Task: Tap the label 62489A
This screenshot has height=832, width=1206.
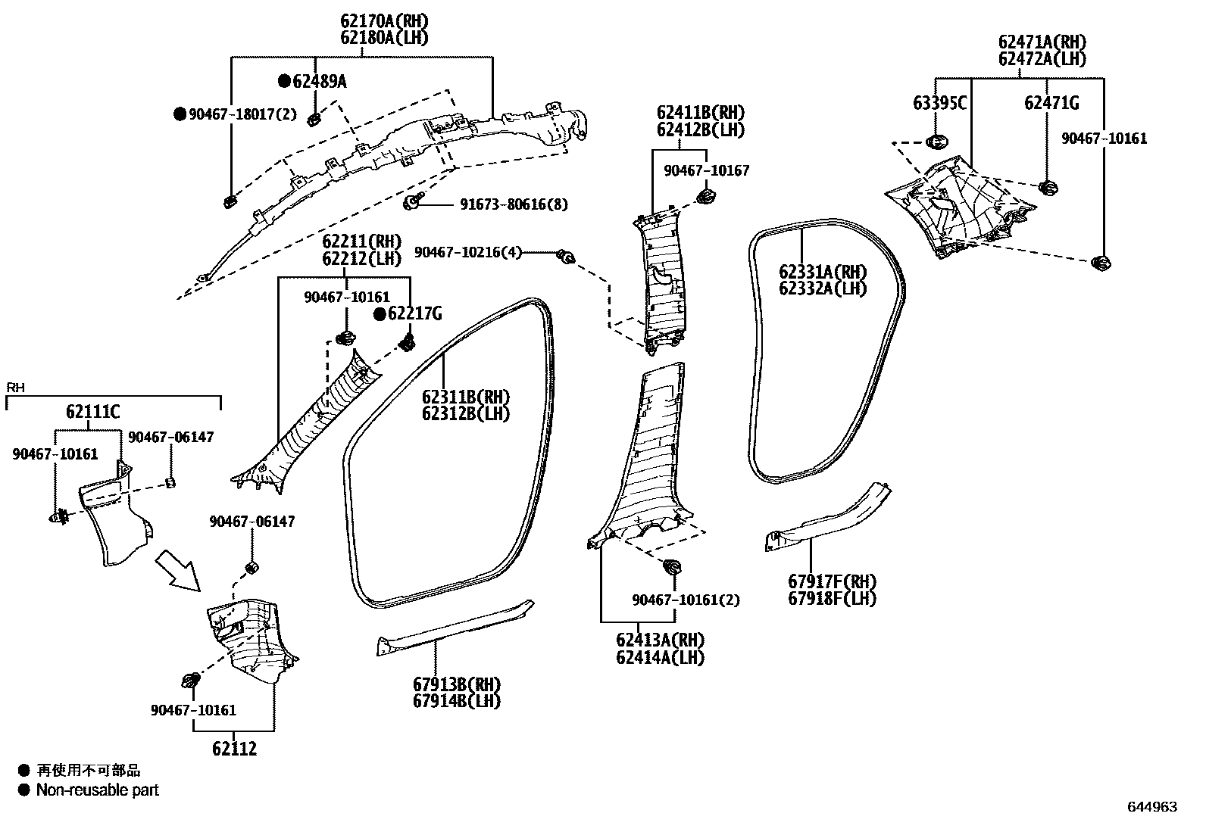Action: point(320,81)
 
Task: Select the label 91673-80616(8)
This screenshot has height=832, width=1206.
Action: point(514,204)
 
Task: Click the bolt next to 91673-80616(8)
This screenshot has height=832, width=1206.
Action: point(412,202)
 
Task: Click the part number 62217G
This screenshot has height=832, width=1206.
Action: point(414,313)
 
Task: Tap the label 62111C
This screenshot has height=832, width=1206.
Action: point(92,412)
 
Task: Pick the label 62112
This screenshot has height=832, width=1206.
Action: point(234,749)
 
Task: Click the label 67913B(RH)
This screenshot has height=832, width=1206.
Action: point(457,684)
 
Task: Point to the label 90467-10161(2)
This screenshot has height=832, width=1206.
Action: point(686,600)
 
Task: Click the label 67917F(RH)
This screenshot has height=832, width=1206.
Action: point(832,581)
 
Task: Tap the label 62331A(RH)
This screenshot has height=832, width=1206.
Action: point(822,272)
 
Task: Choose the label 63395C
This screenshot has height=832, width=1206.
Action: point(939,103)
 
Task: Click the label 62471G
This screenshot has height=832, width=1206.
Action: point(1051,103)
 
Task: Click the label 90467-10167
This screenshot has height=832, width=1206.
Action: point(706,171)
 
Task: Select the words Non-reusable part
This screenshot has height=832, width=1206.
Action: point(98,790)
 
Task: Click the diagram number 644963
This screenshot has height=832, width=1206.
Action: point(1152,807)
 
